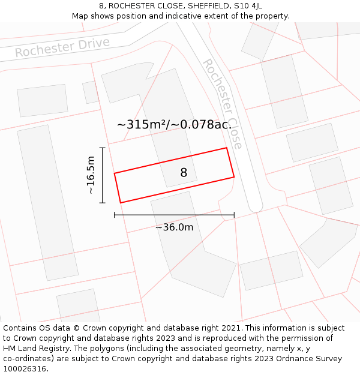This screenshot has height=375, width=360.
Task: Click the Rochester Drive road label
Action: pos(62,47)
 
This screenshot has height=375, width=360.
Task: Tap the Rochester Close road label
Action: pos(223,103)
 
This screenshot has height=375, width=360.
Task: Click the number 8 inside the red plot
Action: pos(184,173)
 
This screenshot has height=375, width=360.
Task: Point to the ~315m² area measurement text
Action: pos(174,125)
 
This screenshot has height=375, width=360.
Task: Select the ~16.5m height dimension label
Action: pos(91,175)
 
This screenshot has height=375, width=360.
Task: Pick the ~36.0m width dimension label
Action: pos(174,227)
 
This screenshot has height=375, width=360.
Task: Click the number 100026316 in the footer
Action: pos(25,369)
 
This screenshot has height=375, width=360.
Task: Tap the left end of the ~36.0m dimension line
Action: pos(115,215)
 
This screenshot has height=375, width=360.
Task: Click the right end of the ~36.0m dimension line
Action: pos(234,215)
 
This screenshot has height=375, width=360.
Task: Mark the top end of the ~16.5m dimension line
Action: pos(103,148)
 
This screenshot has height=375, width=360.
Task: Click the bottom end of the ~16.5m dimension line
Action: pos(103,203)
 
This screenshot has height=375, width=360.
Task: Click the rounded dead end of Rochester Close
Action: pos(256,206)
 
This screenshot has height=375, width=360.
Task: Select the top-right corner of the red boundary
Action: pos(226,148)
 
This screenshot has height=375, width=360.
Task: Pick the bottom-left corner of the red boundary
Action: pos(121,203)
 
